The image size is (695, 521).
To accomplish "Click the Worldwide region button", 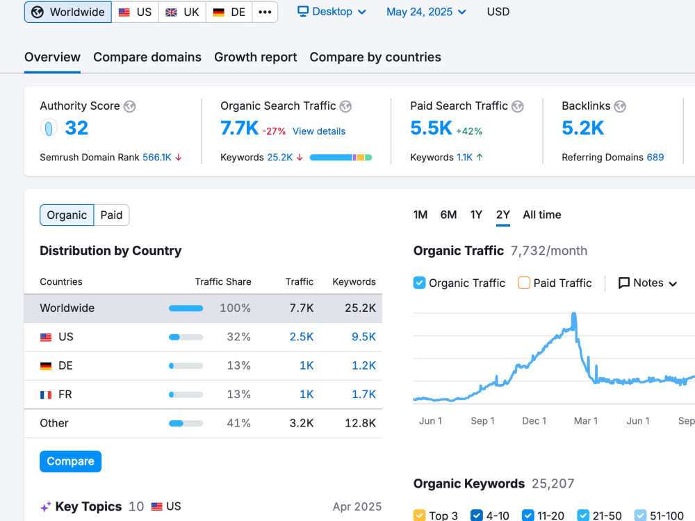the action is coord(68,12).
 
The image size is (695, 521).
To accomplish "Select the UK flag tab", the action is coord(182,12).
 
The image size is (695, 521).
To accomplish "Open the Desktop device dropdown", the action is coord(332,12).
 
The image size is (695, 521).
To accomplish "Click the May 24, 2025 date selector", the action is coord(426,12).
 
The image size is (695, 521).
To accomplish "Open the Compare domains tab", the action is coord(147,57).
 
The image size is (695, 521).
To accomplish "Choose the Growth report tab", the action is coord(255,57).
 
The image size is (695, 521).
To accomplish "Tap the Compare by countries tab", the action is coord(375,57).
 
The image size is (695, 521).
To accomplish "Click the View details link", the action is coord(319,131).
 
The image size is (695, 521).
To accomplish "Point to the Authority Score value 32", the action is coord(76,128).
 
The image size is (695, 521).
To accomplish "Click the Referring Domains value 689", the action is coord(655,157).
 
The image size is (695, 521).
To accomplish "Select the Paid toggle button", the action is coord(111,215).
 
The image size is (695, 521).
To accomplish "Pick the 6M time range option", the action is coord(448,215).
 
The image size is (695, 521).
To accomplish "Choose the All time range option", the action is coord(541,215).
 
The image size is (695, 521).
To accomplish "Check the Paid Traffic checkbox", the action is coord(524,283).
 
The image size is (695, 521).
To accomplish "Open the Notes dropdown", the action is coord(648,283).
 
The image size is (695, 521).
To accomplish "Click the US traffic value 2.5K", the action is coord(302,337).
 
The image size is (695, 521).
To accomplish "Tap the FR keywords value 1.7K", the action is coord(363,395).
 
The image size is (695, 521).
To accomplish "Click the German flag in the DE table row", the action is coord(46,366).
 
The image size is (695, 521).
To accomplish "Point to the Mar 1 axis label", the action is coord(585,421).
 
